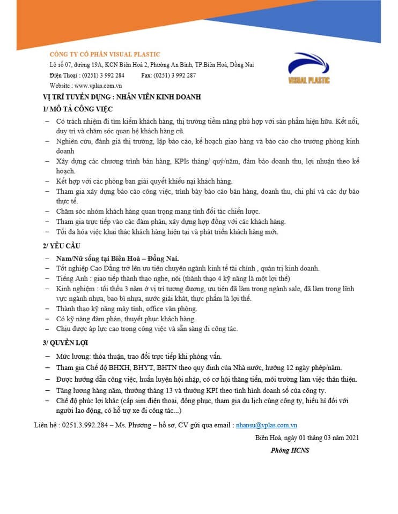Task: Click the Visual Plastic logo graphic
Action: pos(309,67)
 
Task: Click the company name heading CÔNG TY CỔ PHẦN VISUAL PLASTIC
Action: pos(105,54)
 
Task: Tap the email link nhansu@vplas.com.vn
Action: pos(267,425)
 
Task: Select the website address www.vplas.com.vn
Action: pos(98,86)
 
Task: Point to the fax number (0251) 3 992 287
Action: pos(175,75)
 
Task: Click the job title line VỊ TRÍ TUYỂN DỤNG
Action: pos(122,97)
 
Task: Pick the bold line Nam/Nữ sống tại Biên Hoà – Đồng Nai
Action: pos(117,259)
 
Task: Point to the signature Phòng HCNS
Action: pos(290,450)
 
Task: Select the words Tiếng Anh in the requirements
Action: pos(71,278)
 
